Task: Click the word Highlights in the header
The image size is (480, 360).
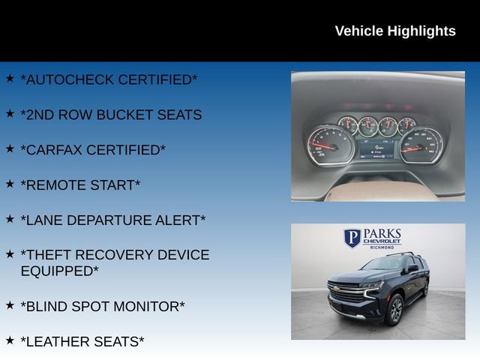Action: (421, 31)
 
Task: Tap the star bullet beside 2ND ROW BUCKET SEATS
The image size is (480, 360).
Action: (10, 113)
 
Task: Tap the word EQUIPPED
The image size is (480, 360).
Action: (59, 271)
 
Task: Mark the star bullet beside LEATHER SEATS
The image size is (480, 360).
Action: (10, 340)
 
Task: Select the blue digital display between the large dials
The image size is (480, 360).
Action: (376, 147)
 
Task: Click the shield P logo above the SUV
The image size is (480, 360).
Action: (352, 238)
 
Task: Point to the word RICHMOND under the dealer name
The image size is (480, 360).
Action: (382, 247)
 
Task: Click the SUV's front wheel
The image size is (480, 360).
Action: (394, 309)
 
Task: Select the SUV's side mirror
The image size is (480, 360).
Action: (412, 268)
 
